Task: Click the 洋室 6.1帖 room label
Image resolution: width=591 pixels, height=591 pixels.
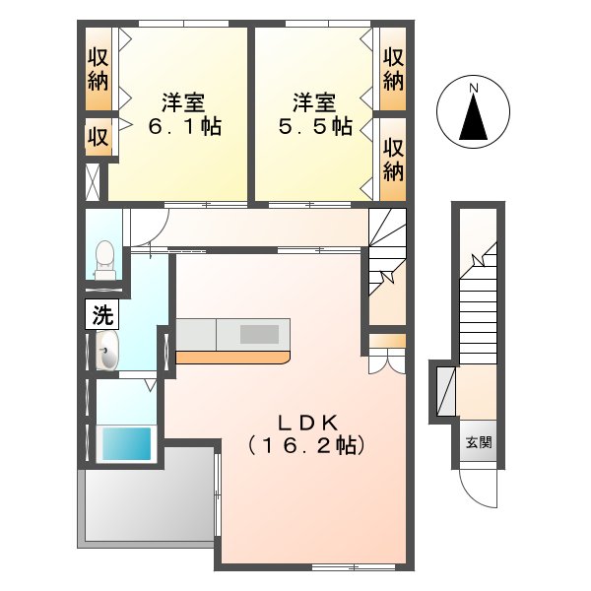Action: (x=184, y=114)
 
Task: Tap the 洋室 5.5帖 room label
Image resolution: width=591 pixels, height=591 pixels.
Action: (x=315, y=114)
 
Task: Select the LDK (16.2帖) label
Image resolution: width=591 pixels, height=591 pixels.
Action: (x=306, y=434)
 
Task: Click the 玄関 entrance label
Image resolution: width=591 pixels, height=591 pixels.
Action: (x=479, y=442)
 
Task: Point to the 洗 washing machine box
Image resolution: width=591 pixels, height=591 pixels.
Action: (x=102, y=314)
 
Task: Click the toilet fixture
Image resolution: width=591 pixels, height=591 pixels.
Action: (x=104, y=260)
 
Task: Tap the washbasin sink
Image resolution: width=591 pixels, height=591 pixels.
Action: (x=107, y=351)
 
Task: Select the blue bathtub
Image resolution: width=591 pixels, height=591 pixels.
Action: (x=127, y=443)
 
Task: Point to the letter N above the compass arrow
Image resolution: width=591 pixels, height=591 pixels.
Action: (x=474, y=89)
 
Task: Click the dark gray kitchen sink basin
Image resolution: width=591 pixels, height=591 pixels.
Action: (x=259, y=334)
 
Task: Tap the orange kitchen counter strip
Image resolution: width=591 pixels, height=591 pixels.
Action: (x=232, y=358)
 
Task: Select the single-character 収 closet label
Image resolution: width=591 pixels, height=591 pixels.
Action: (x=98, y=137)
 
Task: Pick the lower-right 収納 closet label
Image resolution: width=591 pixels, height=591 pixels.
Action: (x=393, y=160)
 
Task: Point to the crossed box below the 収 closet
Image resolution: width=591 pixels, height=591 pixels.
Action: (x=93, y=182)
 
